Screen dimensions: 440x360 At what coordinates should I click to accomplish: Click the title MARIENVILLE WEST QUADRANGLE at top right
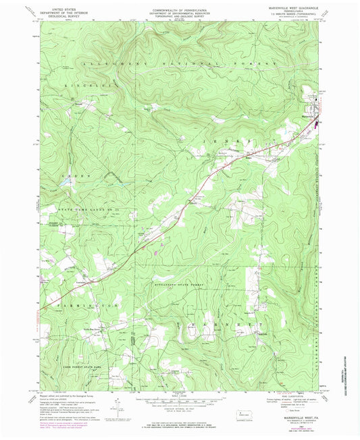[x=292, y=8]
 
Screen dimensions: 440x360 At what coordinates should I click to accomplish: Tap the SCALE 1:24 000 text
[x=180, y=393]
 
